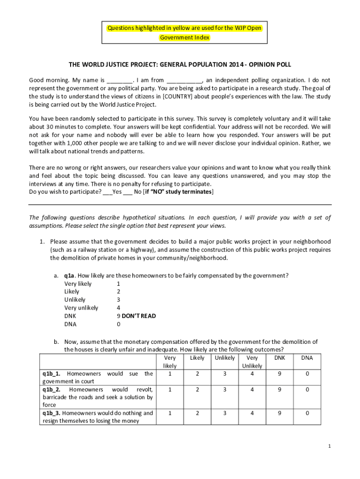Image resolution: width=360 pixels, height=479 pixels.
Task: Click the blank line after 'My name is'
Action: coord(120,80)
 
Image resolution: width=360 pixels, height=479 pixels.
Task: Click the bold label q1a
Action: coord(70,276)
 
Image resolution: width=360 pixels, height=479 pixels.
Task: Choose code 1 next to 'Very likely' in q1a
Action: coord(118,283)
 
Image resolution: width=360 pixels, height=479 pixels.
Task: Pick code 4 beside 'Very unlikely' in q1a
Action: coord(118,308)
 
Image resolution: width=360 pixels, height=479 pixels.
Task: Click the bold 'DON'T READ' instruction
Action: coord(139,316)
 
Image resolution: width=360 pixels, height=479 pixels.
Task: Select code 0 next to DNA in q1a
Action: coord(118,324)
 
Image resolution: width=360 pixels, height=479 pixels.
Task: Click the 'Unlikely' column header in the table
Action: coord(224,358)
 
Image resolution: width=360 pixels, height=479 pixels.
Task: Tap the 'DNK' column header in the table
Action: coord(280,358)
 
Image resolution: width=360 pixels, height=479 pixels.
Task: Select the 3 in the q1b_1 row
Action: coord(224,374)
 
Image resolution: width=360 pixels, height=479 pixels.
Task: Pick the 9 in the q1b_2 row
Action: coord(280,389)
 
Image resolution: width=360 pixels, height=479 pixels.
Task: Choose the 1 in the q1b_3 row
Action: coord(170,413)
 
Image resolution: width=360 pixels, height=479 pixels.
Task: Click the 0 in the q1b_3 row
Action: coord(307,413)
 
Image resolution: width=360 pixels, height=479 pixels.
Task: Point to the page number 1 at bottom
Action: coord(329,446)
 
